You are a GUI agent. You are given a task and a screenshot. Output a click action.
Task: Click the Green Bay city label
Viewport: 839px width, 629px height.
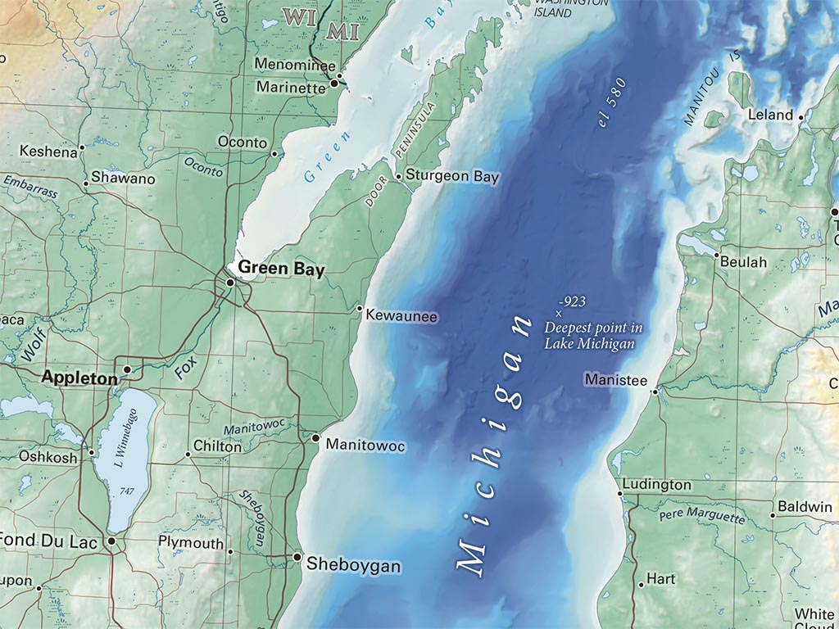click(281, 269)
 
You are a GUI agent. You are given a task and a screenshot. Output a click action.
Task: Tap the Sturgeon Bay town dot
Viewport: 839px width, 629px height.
click(398, 176)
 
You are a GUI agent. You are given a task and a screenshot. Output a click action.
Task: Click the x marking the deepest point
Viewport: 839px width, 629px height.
click(559, 314)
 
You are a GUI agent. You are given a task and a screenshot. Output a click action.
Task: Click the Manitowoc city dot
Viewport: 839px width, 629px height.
click(316, 438)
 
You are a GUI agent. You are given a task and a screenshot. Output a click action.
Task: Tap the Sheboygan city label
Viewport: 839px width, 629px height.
click(353, 565)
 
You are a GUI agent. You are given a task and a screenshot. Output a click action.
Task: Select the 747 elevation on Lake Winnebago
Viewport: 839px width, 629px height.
click(126, 490)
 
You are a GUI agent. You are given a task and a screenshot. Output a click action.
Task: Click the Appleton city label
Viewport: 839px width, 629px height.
click(79, 378)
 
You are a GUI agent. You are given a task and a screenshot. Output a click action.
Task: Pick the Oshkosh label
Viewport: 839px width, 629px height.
click(48, 456)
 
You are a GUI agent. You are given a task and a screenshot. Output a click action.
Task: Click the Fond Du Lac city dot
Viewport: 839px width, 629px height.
click(111, 541)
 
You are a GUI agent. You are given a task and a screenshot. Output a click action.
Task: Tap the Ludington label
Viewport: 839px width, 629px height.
click(656, 485)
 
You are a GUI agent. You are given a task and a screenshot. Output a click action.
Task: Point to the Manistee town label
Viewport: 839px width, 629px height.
click(615, 381)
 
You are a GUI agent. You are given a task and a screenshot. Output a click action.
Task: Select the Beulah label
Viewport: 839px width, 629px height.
click(744, 262)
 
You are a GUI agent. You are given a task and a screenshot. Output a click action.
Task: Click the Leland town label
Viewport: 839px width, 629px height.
click(771, 115)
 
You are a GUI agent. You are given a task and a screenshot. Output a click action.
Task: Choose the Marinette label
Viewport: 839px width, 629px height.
click(291, 86)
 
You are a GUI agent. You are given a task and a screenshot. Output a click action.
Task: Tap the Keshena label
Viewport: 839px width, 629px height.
click(48, 151)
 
